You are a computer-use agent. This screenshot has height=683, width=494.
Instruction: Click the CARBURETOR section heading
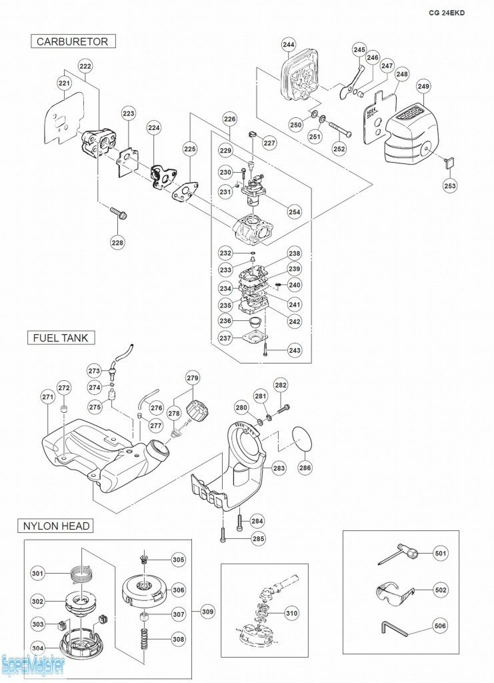72,41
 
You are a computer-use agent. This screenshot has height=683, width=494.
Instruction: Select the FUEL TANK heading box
61,337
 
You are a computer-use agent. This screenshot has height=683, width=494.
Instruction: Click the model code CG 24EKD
452,12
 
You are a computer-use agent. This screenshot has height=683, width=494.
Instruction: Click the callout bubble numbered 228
117,243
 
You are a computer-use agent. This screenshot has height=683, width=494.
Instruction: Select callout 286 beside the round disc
305,468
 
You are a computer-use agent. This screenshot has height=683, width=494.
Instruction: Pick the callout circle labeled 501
441,553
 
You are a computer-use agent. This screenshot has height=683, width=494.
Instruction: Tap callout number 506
441,626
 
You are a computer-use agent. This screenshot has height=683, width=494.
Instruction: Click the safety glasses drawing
395,591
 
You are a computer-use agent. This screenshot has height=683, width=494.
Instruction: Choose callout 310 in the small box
291,613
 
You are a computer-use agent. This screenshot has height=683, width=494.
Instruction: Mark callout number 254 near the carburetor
294,212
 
